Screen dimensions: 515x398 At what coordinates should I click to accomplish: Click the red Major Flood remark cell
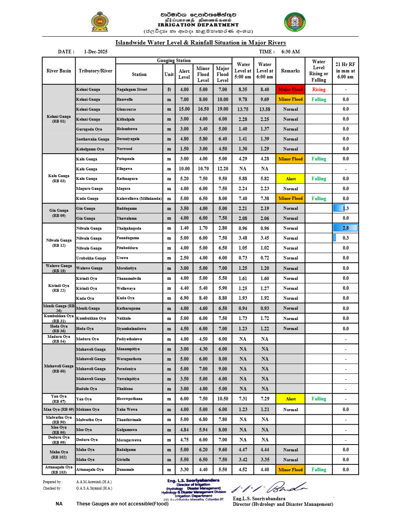(291, 90)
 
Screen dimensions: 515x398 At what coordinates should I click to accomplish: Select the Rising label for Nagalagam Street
(319, 90)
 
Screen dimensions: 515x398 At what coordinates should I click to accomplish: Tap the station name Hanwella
(125, 99)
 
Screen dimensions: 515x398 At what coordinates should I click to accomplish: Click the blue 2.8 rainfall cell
(345, 228)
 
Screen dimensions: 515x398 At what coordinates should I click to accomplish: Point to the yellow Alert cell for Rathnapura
(291, 179)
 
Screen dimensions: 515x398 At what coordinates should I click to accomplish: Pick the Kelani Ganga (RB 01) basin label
(59, 119)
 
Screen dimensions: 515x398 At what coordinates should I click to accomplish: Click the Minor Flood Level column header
(203, 74)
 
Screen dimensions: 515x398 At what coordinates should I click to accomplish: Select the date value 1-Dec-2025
(96, 52)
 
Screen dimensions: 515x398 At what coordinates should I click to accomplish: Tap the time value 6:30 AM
(291, 52)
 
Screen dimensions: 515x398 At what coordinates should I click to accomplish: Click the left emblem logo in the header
(99, 22)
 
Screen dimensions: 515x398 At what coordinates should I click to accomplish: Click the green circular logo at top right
(295, 22)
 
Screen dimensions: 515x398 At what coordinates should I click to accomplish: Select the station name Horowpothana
(129, 399)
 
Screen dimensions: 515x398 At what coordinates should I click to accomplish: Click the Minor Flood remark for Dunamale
(291, 470)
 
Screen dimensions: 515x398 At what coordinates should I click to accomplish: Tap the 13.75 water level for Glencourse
(243, 109)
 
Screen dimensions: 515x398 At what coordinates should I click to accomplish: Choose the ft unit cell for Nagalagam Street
(169, 90)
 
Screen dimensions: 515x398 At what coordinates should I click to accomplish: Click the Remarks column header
(291, 71)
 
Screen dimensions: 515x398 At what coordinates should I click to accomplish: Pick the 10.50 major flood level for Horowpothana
(222, 399)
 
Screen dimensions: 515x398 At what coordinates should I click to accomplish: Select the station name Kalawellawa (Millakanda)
(139, 199)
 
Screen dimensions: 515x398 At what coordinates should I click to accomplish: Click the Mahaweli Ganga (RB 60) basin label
(59, 369)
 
